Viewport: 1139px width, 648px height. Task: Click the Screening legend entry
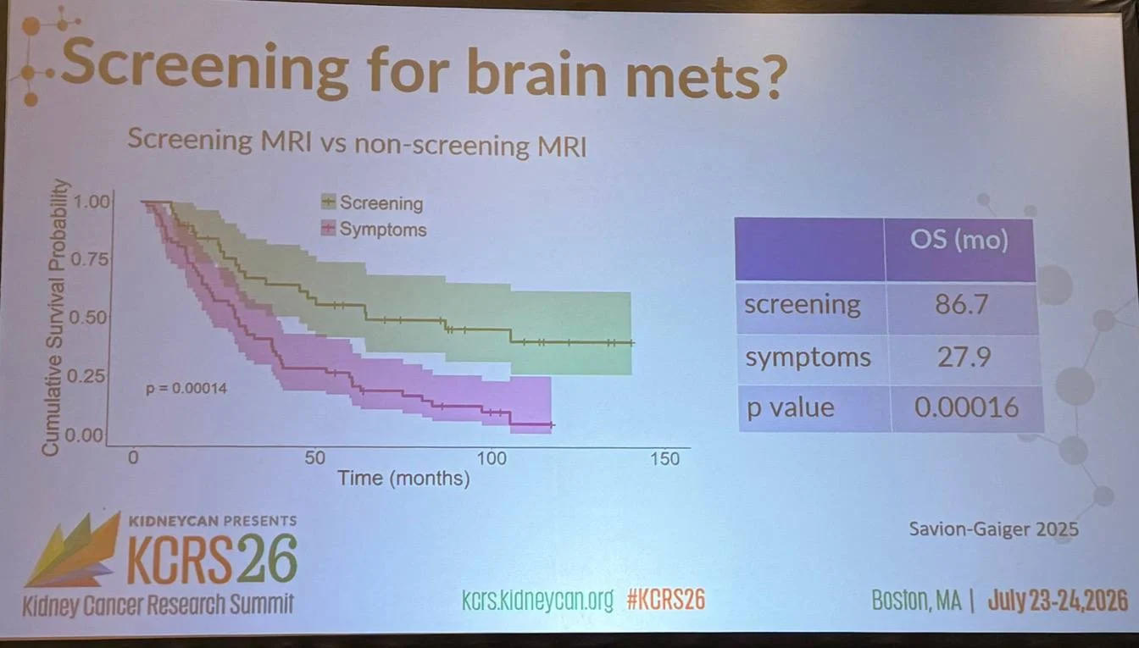[x=372, y=202]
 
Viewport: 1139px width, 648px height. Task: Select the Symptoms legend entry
[x=374, y=230]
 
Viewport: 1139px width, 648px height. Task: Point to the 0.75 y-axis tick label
[x=90, y=259]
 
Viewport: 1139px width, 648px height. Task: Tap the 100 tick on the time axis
[x=492, y=458]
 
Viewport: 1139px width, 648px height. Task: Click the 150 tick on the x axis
[x=665, y=459]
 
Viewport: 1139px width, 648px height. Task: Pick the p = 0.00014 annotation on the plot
[x=186, y=389]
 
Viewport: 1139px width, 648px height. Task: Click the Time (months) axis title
[x=404, y=479]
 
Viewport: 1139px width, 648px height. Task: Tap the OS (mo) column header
[x=959, y=240]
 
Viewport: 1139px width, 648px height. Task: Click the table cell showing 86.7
[x=962, y=304]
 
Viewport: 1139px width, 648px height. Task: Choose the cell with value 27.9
[x=964, y=357]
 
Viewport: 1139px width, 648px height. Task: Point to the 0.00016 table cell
[x=967, y=407]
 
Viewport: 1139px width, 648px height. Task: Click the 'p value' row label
[x=790, y=408]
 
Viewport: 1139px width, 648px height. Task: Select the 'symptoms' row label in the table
[x=808, y=357]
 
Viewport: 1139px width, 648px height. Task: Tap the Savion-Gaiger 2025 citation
[x=993, y=529]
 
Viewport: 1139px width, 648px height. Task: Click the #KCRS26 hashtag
[x=666, y=601]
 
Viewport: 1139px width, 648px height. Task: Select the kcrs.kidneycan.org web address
[x=537, y=601]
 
